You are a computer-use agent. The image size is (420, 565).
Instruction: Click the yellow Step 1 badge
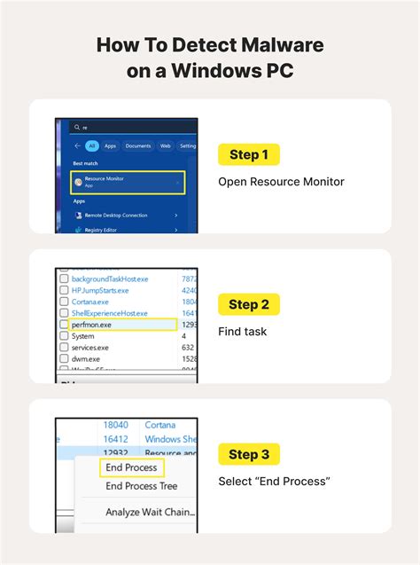point(249,155)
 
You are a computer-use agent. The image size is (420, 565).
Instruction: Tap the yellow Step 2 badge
point(249,305)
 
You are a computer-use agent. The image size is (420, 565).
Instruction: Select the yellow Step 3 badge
point(249,455)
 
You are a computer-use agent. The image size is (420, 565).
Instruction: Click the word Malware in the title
point(271,45)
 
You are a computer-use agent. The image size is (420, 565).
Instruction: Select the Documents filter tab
point(138,145)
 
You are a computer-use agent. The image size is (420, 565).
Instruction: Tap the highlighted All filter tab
point(90,145)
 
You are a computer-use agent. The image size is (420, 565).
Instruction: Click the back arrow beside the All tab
point(77,145)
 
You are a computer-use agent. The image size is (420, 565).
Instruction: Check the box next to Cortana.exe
point(64,302)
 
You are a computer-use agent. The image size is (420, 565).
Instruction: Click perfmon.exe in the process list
point(92,325)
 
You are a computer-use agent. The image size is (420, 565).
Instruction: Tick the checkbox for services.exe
point(64,348)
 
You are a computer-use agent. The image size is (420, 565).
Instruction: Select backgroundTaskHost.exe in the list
point(112,279)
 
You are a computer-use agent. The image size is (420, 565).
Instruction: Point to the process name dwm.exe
point(86,359)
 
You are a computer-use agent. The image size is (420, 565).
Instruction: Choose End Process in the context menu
point(131,467)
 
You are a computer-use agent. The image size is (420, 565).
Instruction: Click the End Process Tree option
point(142,486)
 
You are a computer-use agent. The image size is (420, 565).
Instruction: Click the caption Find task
point(244,332)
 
